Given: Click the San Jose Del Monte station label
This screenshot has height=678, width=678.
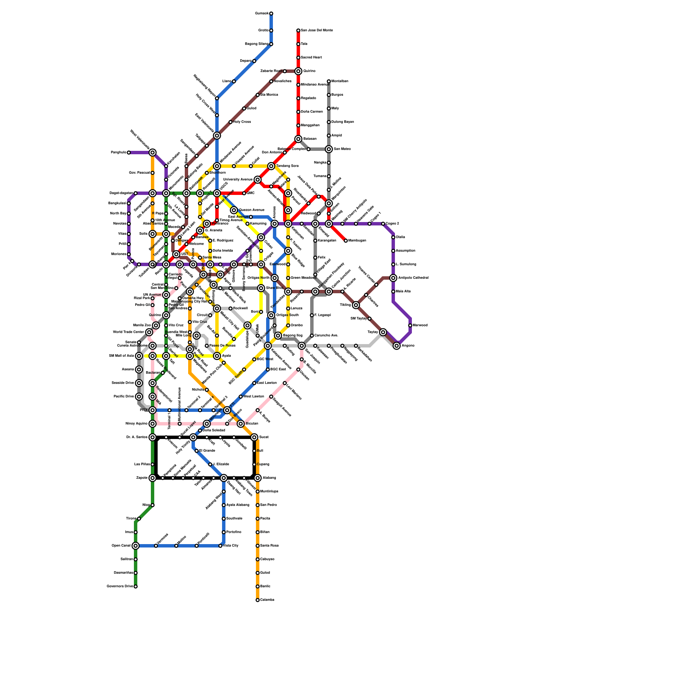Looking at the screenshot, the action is (317, 31).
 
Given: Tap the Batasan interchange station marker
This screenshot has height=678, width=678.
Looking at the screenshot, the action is (298, 139).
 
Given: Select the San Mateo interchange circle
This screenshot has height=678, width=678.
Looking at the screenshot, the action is (329, 149).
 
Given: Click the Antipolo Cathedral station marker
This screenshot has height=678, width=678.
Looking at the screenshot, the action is (393, 278).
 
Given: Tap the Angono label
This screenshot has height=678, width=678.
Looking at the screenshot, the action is (408, 346).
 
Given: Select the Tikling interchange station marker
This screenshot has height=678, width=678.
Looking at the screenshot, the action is (356, 305).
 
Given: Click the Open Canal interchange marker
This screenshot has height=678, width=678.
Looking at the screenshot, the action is (136, 546).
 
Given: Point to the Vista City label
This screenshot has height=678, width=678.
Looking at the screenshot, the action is (231, 546).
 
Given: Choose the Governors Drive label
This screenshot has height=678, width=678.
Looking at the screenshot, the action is (119, 586).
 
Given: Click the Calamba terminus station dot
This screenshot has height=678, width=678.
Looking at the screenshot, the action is (258, 600).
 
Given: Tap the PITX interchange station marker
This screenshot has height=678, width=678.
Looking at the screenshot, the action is (153, 410).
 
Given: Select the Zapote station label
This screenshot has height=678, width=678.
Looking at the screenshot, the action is (142, 478).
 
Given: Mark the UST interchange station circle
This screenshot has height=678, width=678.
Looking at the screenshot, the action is (176, 254).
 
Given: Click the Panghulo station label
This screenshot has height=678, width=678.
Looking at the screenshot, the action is (118, 153).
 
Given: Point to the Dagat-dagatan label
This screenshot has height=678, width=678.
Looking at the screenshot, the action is (121, 193).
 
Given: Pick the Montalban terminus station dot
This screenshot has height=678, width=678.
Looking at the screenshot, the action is (329, 81).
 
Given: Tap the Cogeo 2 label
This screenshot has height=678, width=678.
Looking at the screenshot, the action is (392, 224).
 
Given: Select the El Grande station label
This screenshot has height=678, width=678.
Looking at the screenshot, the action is (207, 451).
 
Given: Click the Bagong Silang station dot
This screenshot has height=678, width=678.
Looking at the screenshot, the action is (271, 44).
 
